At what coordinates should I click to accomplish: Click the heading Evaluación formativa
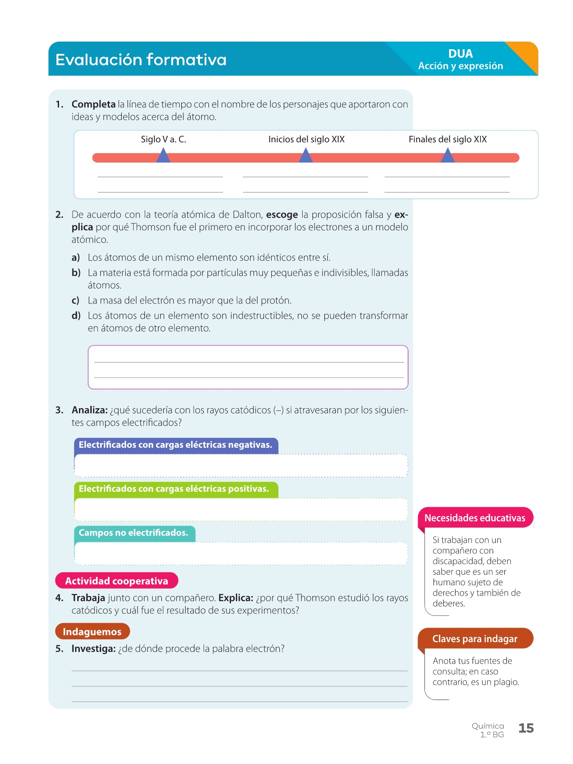141,59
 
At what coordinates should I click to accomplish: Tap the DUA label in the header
460,53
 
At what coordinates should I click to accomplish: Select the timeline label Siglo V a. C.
163,139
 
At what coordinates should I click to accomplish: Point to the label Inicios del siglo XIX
306,139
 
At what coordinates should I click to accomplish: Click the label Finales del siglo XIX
447,139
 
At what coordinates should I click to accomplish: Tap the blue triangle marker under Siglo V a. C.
163,156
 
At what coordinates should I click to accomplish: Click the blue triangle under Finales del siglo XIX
447,156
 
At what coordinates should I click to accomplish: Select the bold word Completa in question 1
93,104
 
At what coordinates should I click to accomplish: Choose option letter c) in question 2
76,301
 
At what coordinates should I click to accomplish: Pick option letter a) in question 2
76,258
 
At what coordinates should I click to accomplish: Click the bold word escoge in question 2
282,215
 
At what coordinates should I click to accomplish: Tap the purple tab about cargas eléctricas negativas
176,445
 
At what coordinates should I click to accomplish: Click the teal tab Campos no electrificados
134,533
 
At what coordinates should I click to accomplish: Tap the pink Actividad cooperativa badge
117,581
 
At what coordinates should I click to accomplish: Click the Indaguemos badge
92,632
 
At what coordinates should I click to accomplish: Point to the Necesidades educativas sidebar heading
475,518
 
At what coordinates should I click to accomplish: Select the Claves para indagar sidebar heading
475,639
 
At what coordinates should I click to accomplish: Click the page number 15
526,728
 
